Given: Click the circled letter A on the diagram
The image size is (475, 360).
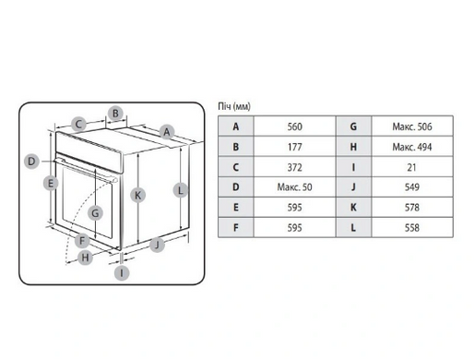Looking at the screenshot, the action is [x=167, y=132].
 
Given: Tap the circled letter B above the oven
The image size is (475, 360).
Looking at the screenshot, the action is [x=115, y=114].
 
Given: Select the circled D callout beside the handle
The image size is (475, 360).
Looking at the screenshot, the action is [x=31, y=162].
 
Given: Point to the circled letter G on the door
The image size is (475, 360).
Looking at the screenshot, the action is [x=95, y=213].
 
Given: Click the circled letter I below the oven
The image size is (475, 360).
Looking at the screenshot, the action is [x=122, y=273].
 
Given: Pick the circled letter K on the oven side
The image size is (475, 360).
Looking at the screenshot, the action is [x=137, y=195].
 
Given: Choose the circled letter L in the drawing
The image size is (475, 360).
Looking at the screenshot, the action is [x=181, y=190].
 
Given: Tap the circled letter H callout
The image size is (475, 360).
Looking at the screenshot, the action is [x=85, y=258].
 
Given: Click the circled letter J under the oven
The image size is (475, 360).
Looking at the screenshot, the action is [x=157, y=245].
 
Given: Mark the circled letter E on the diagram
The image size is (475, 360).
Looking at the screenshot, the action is [x=51, y=184].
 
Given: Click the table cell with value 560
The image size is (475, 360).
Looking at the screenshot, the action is [x=294, y=126].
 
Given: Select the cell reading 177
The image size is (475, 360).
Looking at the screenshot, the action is [x=294, y=147].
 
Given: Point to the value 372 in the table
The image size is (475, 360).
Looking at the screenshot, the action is [x=294, y=167].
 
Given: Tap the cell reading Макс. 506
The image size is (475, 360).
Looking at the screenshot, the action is [x=412, y=126].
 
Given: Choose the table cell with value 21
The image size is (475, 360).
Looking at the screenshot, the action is [x=412, y=167].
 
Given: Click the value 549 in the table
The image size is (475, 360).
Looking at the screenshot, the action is [x=412, y=187].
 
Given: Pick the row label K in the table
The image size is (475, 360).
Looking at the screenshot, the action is [x=353, y=208].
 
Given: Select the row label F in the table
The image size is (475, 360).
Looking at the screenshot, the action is [x=236, y=228].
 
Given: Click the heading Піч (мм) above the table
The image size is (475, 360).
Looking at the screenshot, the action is [x=234, y=106].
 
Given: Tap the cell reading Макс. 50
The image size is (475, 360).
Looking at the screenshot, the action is [x=294, y=187].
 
